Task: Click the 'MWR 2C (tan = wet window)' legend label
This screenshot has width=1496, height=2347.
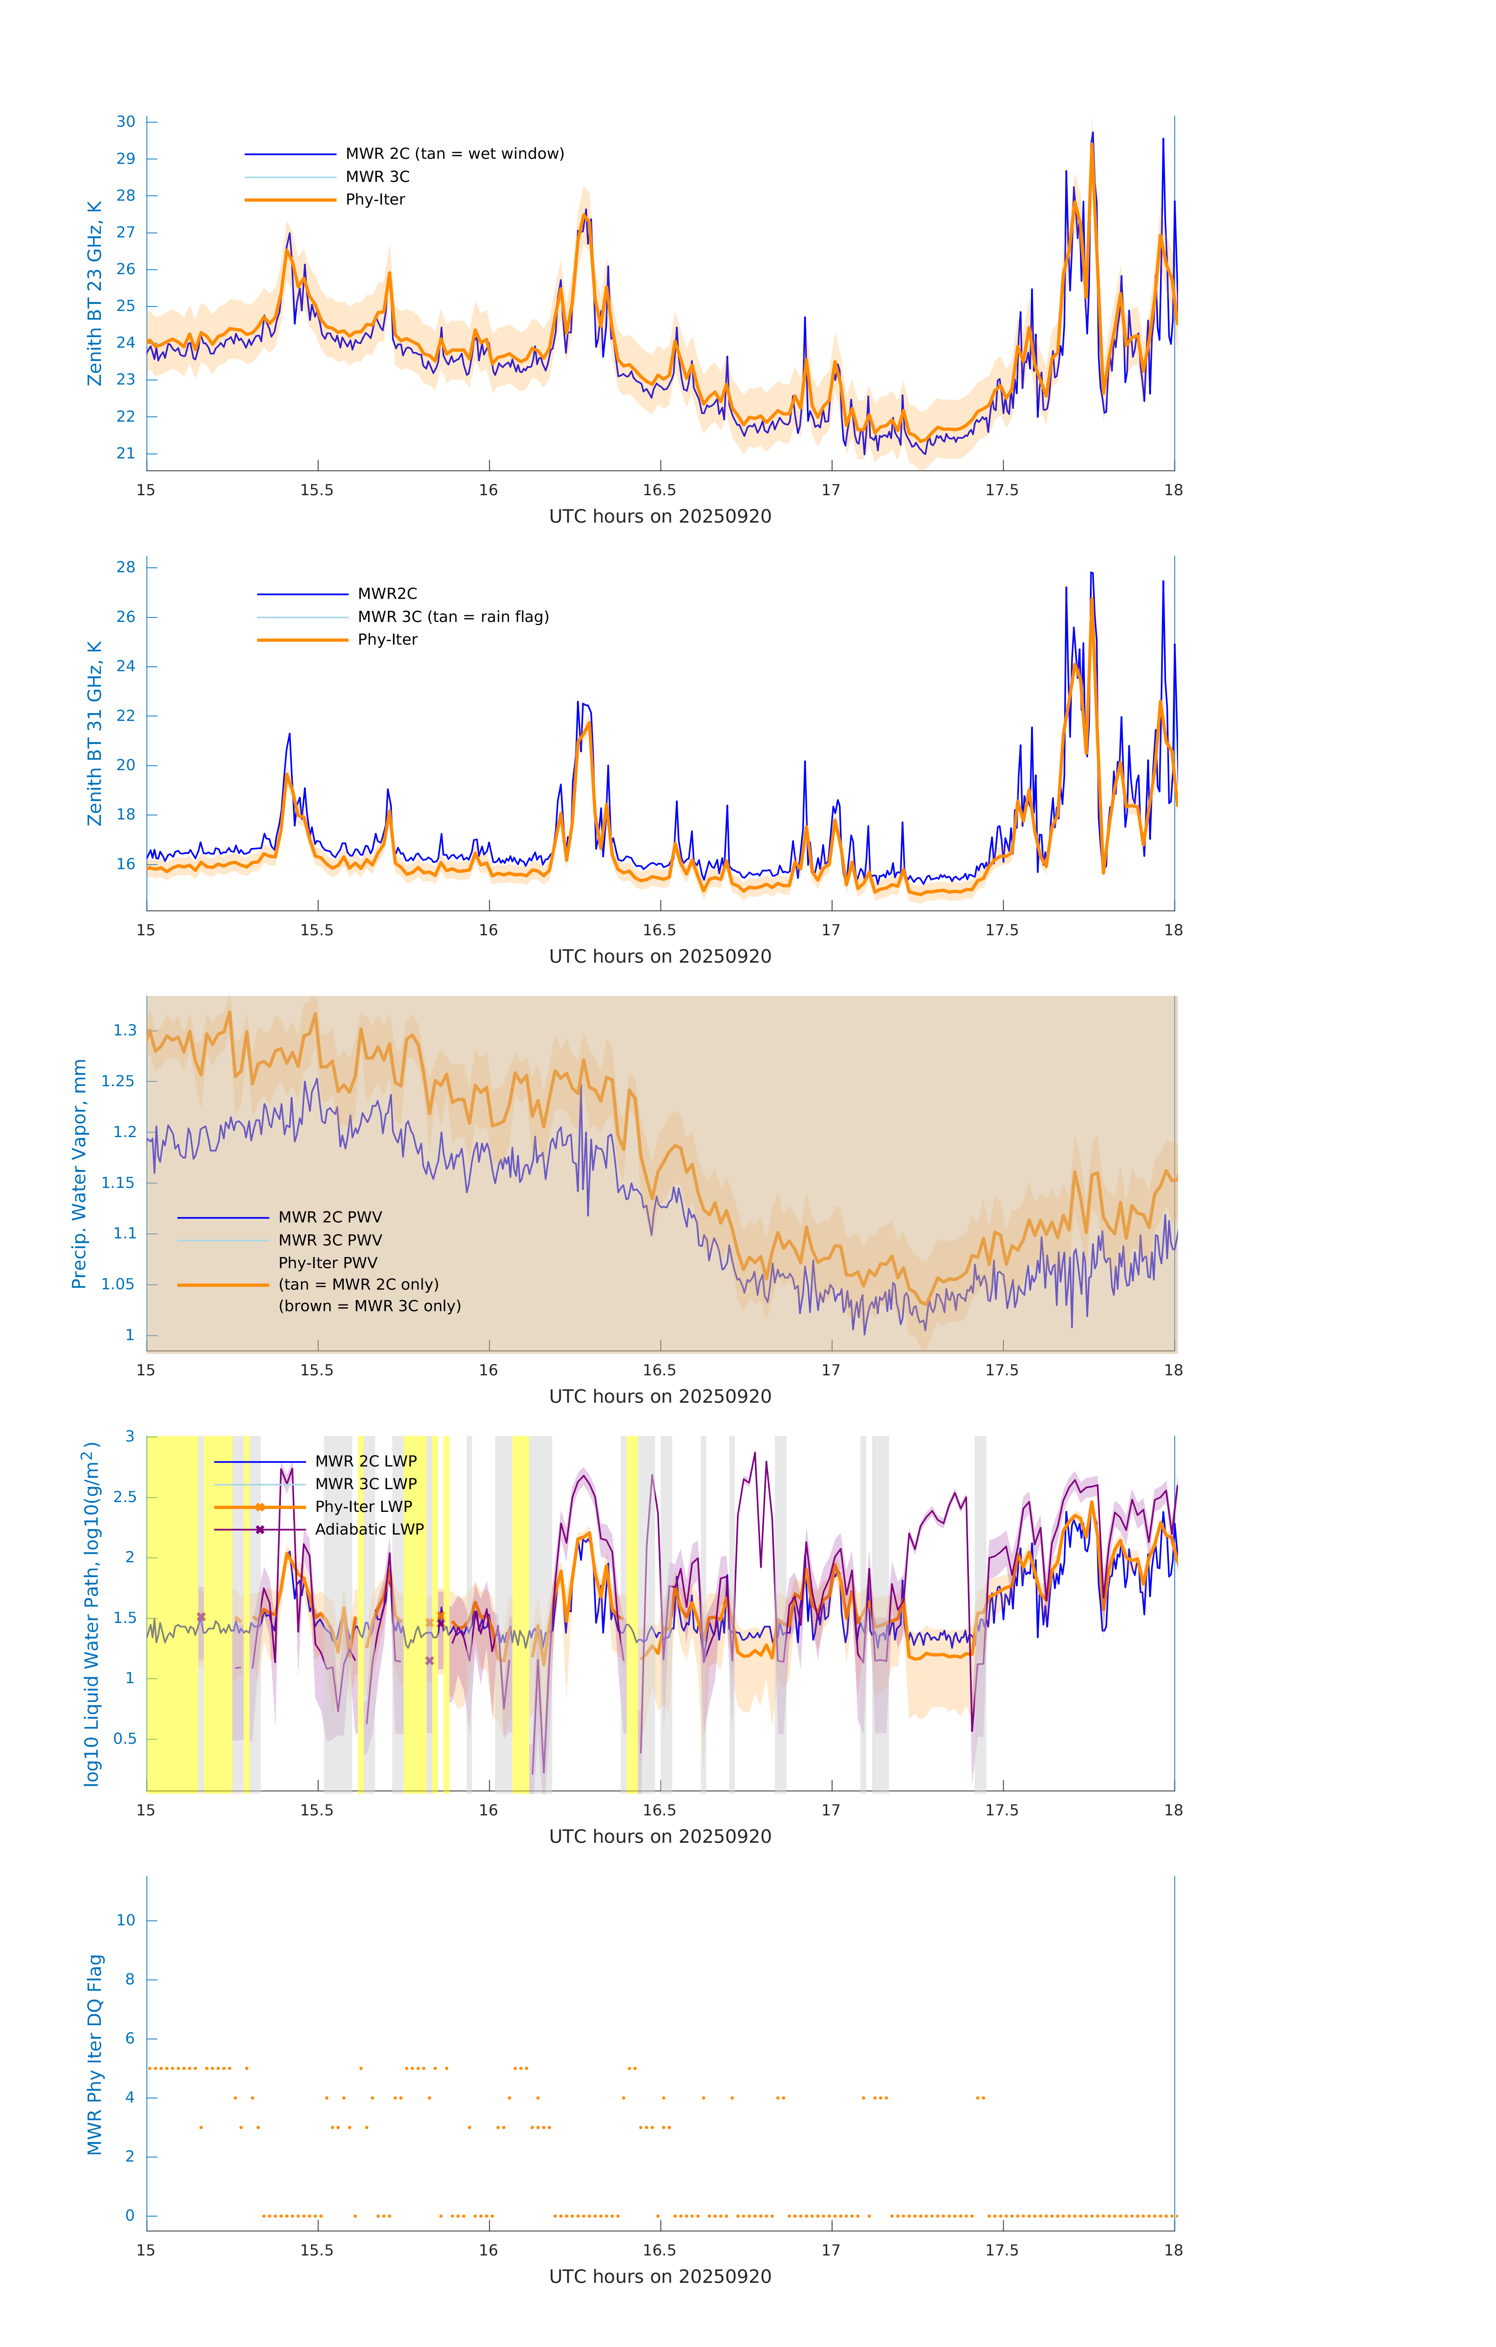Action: tap(454, 154)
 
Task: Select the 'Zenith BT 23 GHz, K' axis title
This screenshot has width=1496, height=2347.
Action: tap(95, 293)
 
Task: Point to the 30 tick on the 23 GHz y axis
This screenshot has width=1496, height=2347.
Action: tap(126, 122)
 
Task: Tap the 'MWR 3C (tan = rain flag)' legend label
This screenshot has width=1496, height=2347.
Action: tap(453, 617)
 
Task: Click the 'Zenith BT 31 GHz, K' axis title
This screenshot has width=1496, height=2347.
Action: tap(95, 733)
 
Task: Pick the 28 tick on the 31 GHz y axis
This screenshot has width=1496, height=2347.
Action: tap(126, 567)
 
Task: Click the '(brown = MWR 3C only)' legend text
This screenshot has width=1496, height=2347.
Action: tap(369, 1306)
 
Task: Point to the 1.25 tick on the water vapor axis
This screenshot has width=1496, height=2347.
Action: tap(118, 1081)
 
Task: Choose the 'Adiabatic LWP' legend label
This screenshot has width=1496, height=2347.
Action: tap(369, 1529)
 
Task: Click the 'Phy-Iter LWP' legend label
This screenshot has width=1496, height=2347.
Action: tap(363, 1507)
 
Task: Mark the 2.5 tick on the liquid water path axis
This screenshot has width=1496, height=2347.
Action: tap(125, 1497)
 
